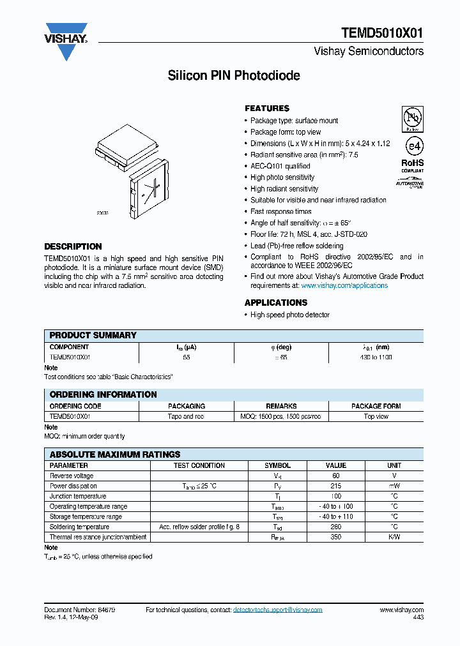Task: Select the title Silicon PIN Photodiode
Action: tap(234, 76)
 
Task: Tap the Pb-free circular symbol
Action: tap(413, 118)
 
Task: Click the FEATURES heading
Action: tap(267, 109)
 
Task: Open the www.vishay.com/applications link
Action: tap(344, 285)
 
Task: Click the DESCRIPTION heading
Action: tap(73, 246)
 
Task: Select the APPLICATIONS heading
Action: tap(276, 303)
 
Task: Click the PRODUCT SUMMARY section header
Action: tap(93, 335)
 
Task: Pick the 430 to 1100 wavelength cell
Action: tap(376, 357)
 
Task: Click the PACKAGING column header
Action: tap(187, 406)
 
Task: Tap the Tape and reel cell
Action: tap(187, 416)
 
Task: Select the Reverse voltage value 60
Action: tap(336, 476)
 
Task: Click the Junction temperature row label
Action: tap(78, 496)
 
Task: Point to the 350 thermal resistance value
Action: tap(336, 537)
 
